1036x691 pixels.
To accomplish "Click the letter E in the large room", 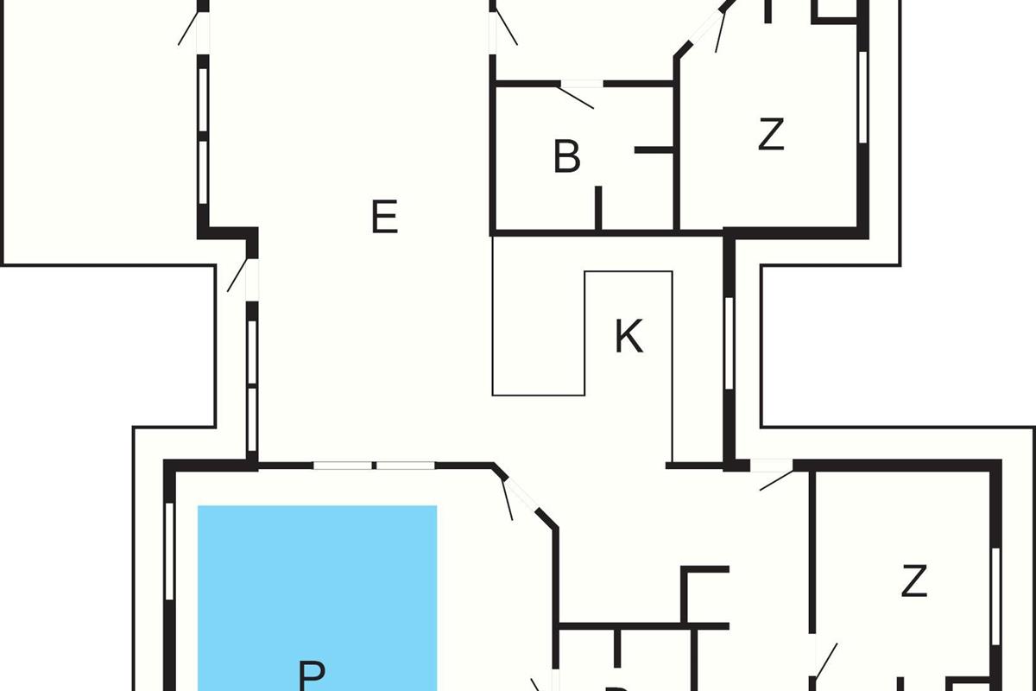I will (384, 217).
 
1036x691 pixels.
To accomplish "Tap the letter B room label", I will (566, 158).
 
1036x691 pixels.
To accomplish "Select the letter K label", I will (629, 337).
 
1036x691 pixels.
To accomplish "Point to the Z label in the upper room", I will (771, 136).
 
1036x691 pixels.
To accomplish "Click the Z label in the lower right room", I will (913, 582).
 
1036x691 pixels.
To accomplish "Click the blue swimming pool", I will (317, 587).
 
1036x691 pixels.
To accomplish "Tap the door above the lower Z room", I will (772, 470).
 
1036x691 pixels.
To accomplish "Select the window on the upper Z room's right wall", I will (862, 95).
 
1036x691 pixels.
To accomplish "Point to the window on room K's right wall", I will (729, 341).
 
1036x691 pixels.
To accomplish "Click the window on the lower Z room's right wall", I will (995, 596).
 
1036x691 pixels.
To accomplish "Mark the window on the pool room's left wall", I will (169, 561).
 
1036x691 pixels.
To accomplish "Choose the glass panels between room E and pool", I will (374, 466).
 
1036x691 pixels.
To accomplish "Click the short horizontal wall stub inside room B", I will (654, 150).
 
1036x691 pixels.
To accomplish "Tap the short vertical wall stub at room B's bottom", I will (597, 208).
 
